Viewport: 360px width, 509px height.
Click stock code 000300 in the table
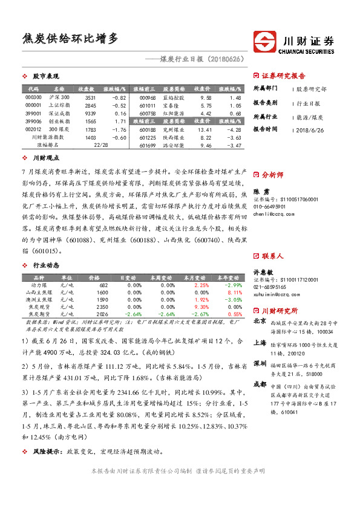click(34, 97)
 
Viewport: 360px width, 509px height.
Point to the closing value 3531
click(90, 97)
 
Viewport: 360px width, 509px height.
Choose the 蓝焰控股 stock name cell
click(174, 97)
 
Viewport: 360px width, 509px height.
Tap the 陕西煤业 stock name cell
click(174, 137)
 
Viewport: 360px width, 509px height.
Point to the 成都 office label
click(259, 384)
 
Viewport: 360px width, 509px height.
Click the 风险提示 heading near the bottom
click(47, 451)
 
